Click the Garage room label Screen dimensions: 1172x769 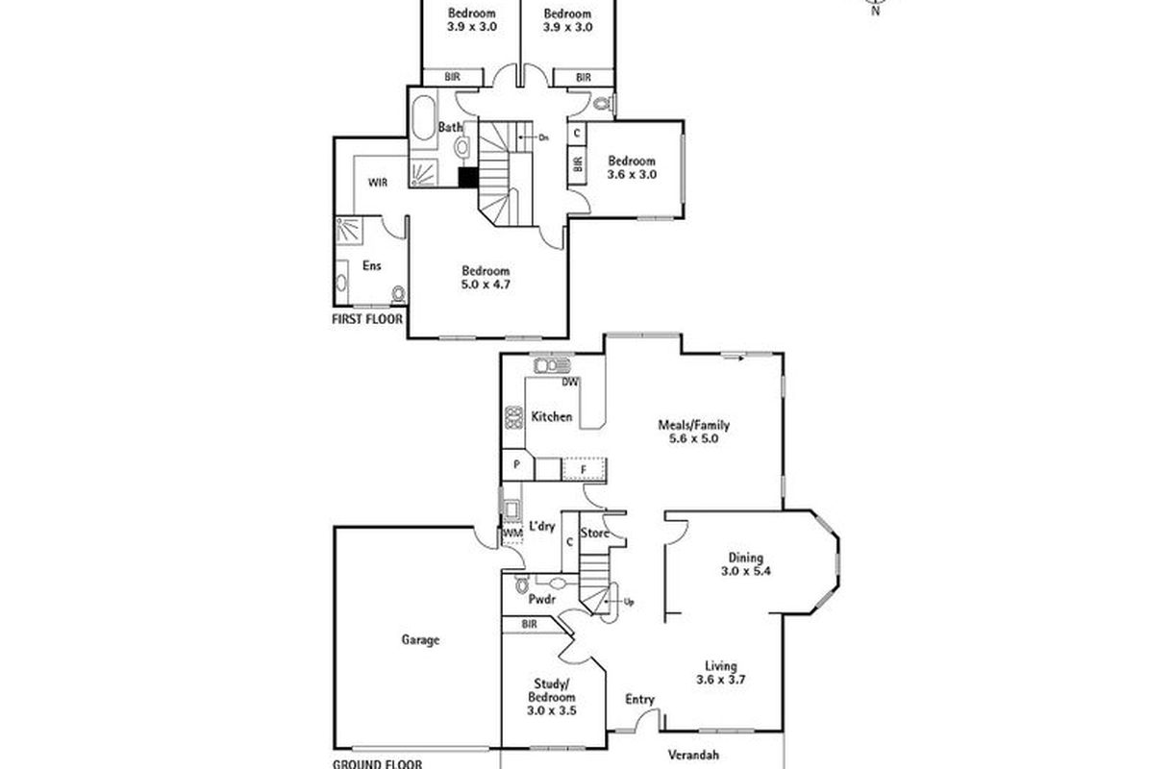coord(420,640)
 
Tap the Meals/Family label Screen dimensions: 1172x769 coord(693,425)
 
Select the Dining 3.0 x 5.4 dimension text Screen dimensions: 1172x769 coord(745,571)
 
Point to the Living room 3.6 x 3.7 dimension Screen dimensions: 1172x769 coord(720,680)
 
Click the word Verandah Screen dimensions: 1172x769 coord(693,755)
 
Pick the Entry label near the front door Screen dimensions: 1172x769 coord(640,700)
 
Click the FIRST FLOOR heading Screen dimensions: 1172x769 coord(367,319)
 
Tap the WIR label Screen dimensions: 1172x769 coord(378,183)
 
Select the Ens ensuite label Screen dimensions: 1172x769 coord(371,265)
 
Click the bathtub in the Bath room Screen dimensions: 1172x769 coord(424,117)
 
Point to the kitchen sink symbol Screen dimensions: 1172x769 coord(552,365)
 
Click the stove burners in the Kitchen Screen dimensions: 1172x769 coord(513,417)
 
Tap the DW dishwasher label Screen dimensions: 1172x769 coord(570,383)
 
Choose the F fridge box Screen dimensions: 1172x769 coord(584,469)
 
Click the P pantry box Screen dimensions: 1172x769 coord(517,464)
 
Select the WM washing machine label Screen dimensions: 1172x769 coord(512,533)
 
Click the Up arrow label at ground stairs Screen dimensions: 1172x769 coord(629,602)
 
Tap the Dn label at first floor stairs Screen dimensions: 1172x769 coord(543,137)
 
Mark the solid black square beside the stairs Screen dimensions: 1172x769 coord(468,177)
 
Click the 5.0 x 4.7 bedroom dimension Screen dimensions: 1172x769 coord(486,285)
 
